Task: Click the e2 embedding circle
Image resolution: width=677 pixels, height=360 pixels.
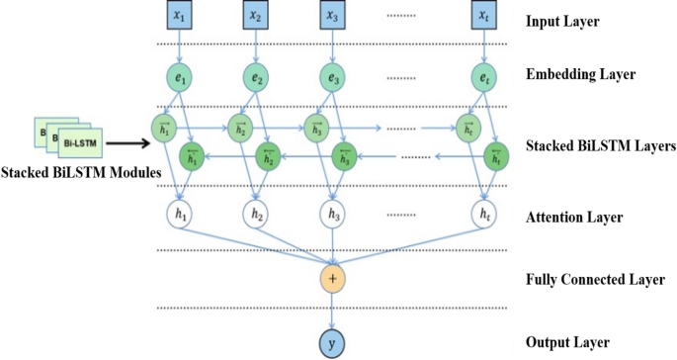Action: [x=256, y=77]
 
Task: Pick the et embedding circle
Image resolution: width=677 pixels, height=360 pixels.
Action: [x=484, y=77]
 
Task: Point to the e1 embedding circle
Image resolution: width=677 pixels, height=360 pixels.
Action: [x=178, y=77]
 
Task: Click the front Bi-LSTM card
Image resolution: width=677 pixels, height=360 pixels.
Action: [x=75, y=145]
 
